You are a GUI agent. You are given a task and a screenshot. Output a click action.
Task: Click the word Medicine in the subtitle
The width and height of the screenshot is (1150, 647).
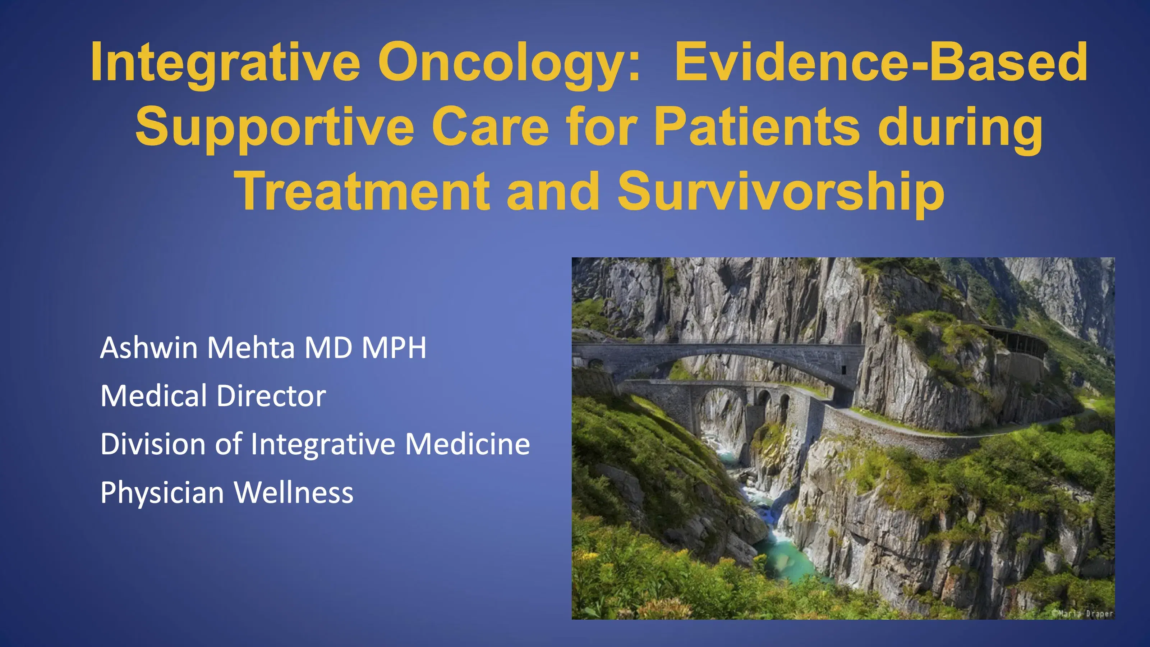point(468,444)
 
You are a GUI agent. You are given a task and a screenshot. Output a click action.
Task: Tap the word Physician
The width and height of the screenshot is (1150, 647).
point(162,492)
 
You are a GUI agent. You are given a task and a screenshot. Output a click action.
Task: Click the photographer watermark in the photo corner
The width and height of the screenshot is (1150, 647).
point(1082,613)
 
